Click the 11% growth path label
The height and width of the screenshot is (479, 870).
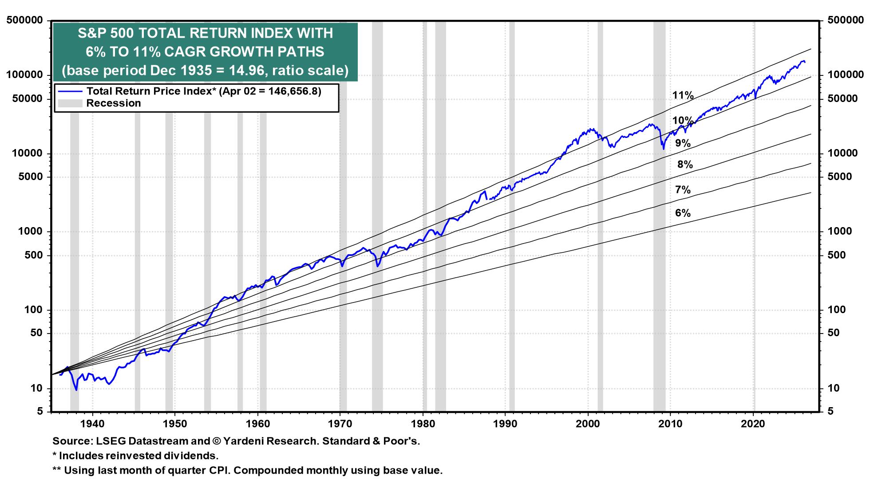(683, 95)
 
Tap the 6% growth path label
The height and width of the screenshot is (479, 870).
(683, 213)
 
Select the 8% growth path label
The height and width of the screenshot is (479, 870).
(684, 165)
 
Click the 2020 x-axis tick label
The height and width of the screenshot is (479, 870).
(753, 424)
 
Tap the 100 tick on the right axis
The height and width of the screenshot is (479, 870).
(837, 310)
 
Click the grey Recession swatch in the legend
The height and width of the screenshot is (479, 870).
(70, 103)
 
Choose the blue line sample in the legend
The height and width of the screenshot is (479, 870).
(70, 91)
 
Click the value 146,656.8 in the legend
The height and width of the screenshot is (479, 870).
(297, 91)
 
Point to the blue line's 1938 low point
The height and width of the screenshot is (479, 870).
(76, 390)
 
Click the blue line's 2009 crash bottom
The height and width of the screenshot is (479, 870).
(664, 149)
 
